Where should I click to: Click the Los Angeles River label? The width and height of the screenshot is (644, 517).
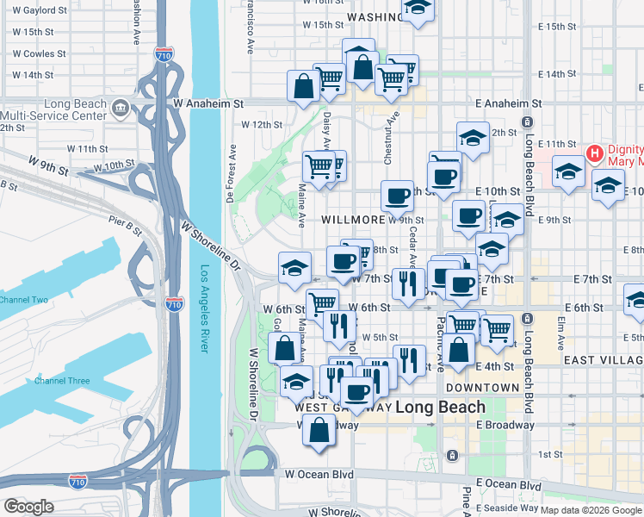[205, 308]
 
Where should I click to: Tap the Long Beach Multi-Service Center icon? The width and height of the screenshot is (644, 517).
[121, 109]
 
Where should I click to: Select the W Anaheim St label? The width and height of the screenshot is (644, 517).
[209, 103]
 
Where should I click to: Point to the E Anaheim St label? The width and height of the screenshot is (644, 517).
[508, 103]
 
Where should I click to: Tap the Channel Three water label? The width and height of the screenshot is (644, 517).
[62, 380]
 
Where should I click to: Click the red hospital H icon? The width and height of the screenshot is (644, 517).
[593, 154]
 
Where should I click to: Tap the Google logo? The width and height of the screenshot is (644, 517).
[28, 507]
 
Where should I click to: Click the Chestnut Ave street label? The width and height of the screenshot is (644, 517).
[389, 137]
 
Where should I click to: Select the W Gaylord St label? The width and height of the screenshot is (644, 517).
[39, 10]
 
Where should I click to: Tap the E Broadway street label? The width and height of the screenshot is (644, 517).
[505, 425]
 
